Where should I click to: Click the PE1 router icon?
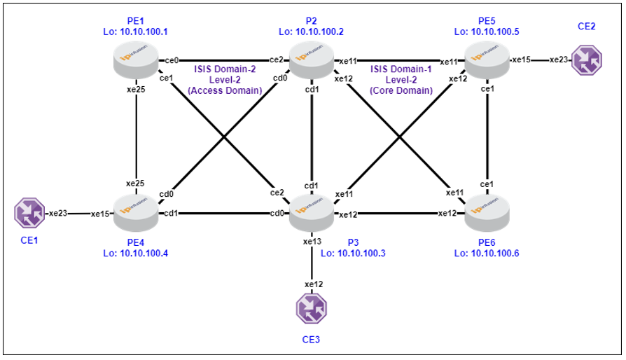click(136, 60)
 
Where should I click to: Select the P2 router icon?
click(312, 60)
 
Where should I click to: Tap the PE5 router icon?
click(487, 60)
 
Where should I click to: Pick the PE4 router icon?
click(136, 213)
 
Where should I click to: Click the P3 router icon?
click(312, 213)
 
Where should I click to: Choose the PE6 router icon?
click(487, 213)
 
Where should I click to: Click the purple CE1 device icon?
click(29, 213)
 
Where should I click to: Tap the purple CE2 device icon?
click(587, 60)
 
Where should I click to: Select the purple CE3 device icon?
click(312, 308)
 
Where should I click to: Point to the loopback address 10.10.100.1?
click(144, 32)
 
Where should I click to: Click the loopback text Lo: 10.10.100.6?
click(487, 253)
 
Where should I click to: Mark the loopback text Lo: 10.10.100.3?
click(354, 253)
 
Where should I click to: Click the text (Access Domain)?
click(225, 90)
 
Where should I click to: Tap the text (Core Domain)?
click(401, 90)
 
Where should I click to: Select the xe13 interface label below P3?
click(312, 242)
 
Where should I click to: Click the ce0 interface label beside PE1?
click(172, 60)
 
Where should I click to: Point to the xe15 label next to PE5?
click(522, 60)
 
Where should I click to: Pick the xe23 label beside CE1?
click(58, 213)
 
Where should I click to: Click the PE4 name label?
click(136, 242)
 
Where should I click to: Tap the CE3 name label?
click(311, 340)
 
